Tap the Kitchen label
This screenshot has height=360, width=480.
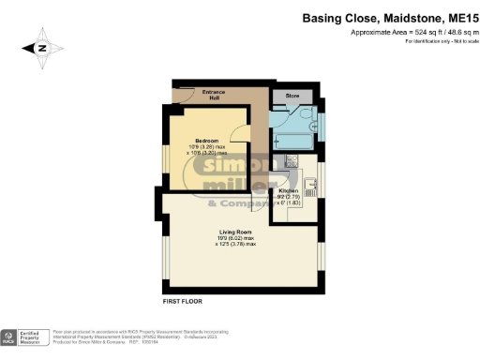pos(289,190)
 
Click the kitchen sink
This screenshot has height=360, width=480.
pos(311,187)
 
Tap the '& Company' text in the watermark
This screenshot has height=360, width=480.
pos(234,203)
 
